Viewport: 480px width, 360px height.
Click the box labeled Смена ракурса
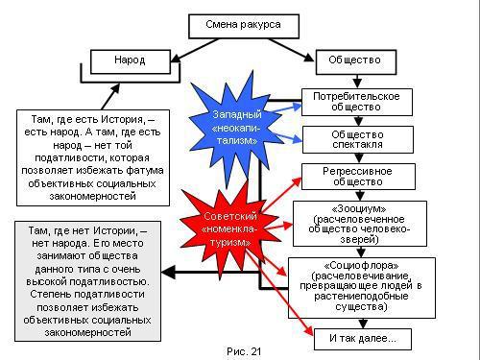coord(241,23)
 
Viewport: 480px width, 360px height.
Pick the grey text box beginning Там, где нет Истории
coord(81,280)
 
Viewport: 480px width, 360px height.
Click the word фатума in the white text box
coord(141,169)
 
